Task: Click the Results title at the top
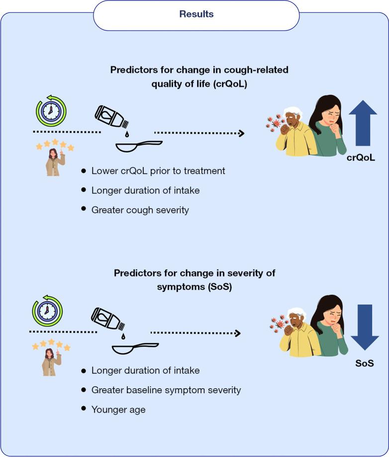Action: coord(196,14)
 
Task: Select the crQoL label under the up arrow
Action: coord(361,158)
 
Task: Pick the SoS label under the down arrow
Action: coord(364,364)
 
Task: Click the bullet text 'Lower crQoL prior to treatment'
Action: coord(158,171)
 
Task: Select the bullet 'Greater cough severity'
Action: coord(140,210)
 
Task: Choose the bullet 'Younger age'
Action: coord(118,409)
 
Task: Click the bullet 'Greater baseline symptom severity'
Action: coord(166,390)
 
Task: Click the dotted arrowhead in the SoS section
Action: coord(238,333)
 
